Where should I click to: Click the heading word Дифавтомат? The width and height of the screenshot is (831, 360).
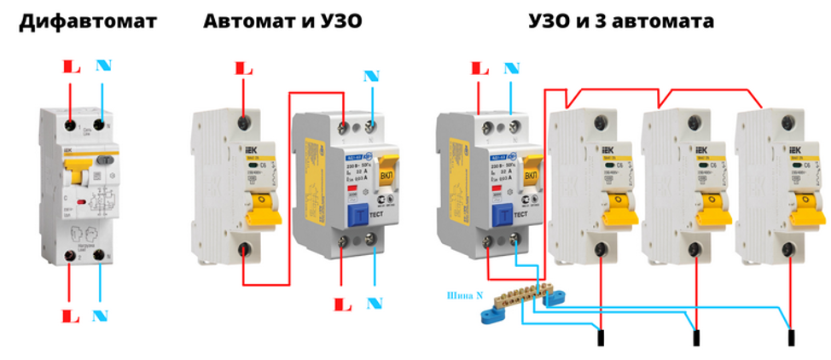tap(87, 21)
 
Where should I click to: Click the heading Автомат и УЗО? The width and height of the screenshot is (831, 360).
tap(282, 21)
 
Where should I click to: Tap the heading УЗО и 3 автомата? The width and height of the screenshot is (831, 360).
tap(621, 21)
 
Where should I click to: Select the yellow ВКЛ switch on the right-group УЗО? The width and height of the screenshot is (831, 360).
tap(531, 174)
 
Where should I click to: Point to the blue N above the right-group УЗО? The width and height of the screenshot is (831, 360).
tap(511, 67)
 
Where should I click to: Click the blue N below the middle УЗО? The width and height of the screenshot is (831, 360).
tap(375, 304)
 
